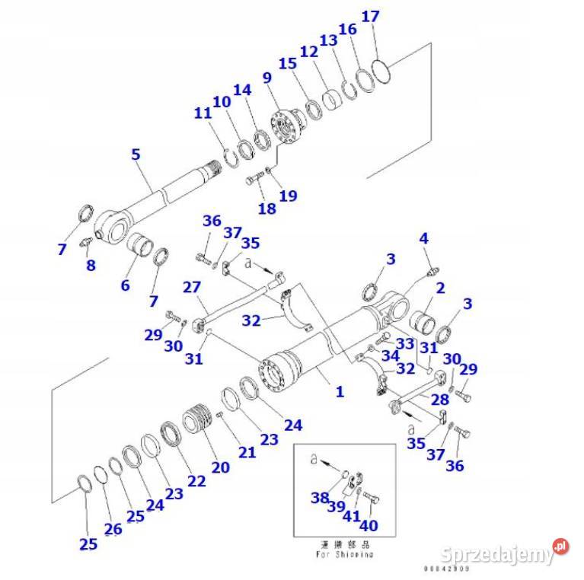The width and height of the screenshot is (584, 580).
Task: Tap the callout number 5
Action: [136, 155]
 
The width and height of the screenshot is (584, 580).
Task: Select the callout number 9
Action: [266, 78]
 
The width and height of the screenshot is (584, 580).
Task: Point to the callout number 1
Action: [340, 392]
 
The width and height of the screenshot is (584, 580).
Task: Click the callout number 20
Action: [220, 467]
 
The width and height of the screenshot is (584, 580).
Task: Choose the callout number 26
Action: [113, 528]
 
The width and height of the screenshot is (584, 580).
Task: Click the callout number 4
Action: [424, 239]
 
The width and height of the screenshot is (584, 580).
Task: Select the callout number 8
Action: [90, 266]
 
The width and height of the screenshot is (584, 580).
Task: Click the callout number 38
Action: [318, 499]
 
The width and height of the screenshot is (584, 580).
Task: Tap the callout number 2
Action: [439, 288]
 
